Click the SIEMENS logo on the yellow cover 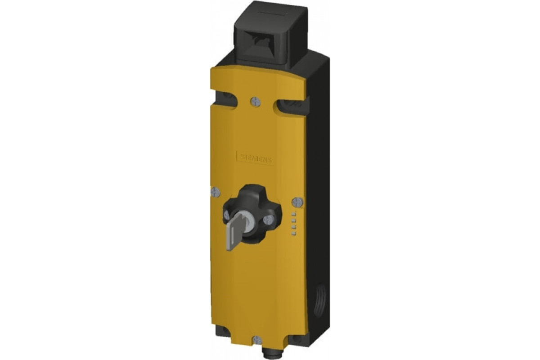[x=255, y=158]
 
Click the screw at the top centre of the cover [x=256, y=102]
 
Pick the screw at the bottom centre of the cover [x=256, y=339]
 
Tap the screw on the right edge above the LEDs [x=297, y=201]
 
